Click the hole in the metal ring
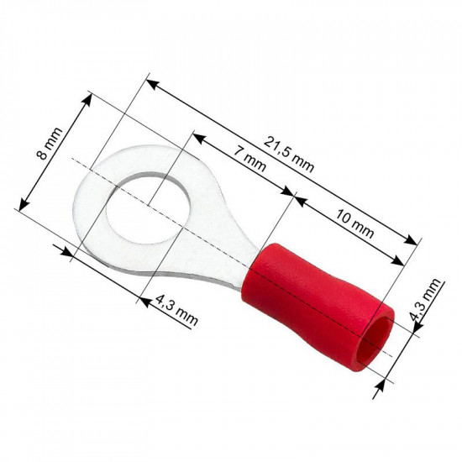142,208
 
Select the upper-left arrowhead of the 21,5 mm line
150,83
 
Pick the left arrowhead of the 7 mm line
197,134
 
